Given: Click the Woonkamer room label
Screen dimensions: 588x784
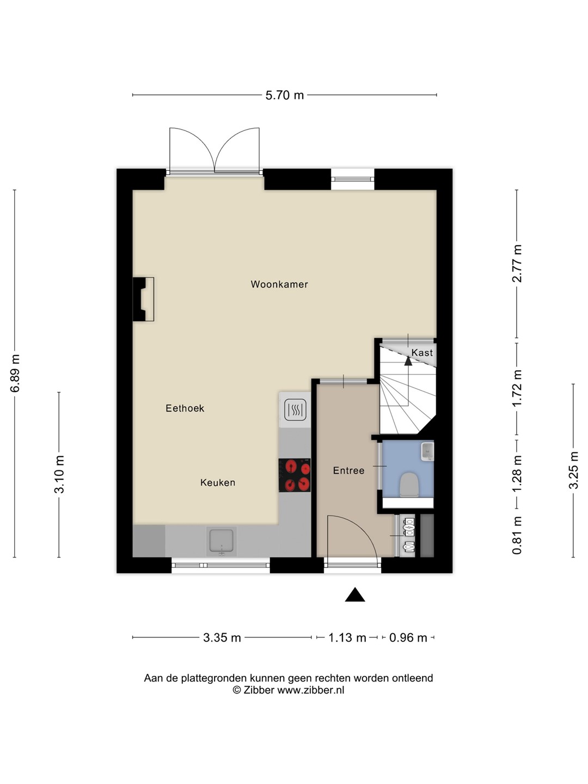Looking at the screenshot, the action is pos(279,284).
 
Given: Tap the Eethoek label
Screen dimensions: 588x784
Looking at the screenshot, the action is pos(185,408).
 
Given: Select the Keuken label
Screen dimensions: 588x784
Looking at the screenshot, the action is pos(218,482).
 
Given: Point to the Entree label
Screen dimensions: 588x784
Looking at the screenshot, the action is pos(349,470).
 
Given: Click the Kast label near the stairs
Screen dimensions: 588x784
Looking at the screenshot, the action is pos(422,353).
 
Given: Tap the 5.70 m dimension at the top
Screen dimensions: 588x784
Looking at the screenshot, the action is pos(285,95).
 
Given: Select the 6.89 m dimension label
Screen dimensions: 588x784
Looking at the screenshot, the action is pos(15,373).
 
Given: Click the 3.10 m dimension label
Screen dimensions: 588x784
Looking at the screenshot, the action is pos(60,474).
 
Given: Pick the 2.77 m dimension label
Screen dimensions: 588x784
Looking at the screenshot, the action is pos(517,263).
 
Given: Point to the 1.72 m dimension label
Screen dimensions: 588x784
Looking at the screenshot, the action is pos(517,388).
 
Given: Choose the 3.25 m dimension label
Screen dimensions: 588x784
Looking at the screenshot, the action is pos(573,470).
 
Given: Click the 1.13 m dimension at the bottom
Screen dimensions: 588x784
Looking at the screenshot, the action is pos(347,638).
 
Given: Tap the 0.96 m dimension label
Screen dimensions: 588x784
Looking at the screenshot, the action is pos(408,638).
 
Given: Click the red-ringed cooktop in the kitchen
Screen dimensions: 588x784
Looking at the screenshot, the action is pos(295,475).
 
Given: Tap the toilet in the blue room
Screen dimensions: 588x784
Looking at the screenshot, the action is pos(409,485).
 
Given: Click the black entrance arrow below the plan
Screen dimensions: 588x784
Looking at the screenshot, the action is pos(355,595).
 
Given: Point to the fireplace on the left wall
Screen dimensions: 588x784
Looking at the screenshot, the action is pos(144,299).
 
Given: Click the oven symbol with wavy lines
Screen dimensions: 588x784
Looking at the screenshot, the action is pos(295,409).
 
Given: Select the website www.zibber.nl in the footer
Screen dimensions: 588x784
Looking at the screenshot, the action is pos(310,690).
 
